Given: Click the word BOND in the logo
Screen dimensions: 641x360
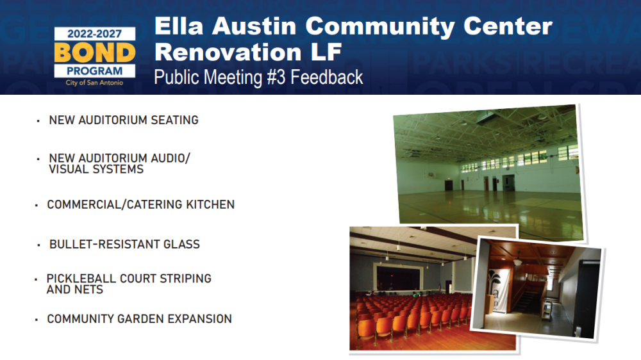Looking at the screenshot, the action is (94, 53).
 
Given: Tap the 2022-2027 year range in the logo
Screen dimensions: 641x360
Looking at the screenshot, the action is (94, 34).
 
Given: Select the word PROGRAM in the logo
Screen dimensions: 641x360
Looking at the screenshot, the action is (94, 71).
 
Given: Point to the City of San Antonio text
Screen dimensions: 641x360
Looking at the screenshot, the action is (94, 83).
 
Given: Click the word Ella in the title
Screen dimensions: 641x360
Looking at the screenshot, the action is (179, 26).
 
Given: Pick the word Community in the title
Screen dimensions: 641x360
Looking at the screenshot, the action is (379, 27).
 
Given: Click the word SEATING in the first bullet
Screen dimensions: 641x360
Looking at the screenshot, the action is (174, 120).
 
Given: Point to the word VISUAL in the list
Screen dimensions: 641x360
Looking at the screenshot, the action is (68, 169).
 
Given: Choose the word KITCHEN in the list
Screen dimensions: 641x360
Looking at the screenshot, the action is (210, 204).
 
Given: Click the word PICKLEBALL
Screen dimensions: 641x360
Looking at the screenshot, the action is (81, 279).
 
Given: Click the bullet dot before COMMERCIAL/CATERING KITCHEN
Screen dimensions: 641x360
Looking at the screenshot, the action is (37, 205).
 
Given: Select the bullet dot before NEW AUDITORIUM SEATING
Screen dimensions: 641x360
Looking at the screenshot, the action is (38, 121).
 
